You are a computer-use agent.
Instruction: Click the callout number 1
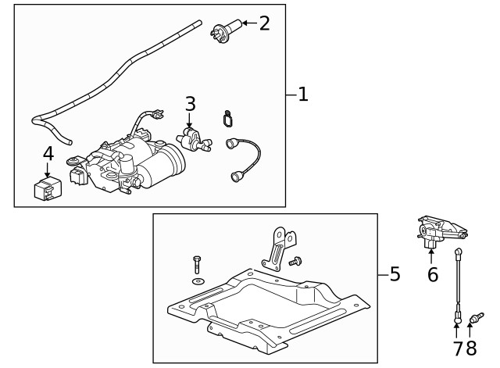[x=303, y=95]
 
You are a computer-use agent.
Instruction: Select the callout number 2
[x=264, y=23]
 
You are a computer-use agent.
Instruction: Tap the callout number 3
[x=190, y=104]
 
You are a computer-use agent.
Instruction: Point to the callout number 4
[x=48, y=152]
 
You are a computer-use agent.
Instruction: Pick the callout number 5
[x=395, y=274]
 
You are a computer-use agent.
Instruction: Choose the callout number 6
[x=432, y=274]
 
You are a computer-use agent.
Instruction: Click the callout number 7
[x=458, y=347]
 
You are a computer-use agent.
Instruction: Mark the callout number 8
[x=470, y=347]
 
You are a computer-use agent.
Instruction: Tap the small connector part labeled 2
[x=222, y=32]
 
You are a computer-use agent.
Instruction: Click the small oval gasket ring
[x=227, y=119]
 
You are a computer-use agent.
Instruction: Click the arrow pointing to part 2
[x=246, y=23]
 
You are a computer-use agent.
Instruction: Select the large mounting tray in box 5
[x=266, y=309]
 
